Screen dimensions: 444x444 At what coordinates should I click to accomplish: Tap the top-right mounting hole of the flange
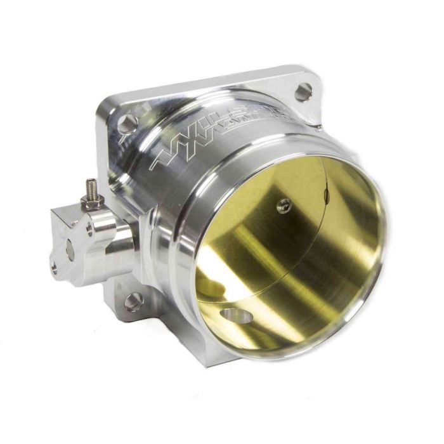[304, 91]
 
